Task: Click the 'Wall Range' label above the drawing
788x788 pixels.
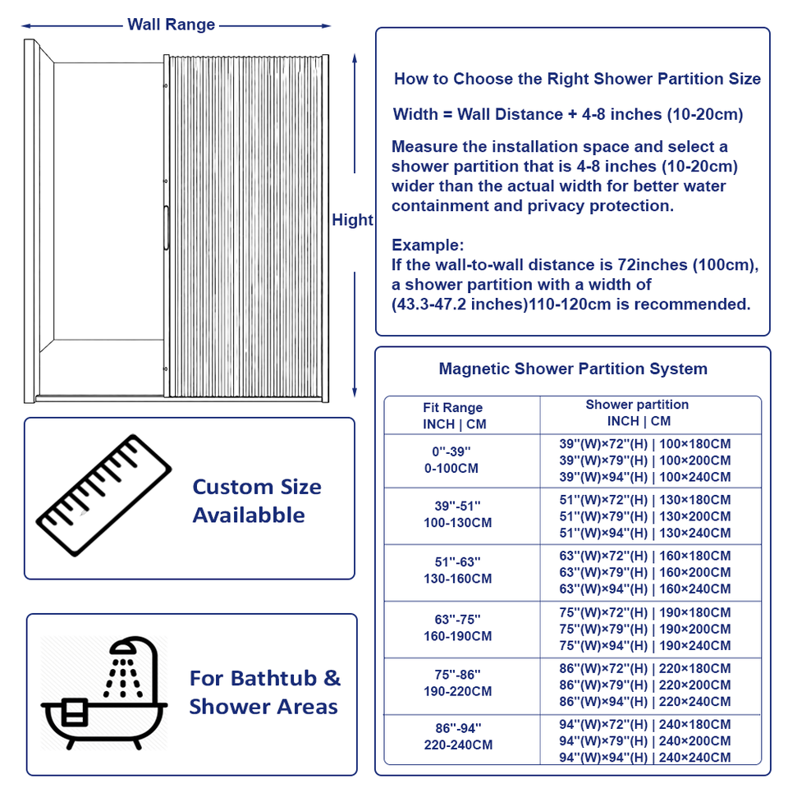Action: point(171,24)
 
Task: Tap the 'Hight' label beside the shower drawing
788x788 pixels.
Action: point(352,220)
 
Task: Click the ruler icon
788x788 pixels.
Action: point(104,496)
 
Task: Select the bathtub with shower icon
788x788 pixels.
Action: point(104,694)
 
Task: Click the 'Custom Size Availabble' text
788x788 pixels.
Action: point(257,501)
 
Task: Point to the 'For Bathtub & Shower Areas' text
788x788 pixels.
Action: point(265,692)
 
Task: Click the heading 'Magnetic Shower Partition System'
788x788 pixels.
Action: point(573,369)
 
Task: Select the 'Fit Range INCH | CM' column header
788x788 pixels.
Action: point(454,415)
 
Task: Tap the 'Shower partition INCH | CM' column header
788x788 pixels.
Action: point(638,413)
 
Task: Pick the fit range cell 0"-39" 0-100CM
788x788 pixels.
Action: point(451,460)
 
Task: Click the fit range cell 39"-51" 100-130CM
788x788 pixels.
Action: point(457,514)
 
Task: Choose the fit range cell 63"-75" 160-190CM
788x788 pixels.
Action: point(457,628)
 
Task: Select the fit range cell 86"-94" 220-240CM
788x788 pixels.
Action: point(458,736)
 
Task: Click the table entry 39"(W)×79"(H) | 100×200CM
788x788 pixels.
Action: point(645,460)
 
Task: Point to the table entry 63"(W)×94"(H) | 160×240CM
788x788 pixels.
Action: point(645,589)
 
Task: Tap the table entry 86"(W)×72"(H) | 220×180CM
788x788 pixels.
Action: point(645,668)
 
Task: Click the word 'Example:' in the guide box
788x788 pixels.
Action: point(428,245)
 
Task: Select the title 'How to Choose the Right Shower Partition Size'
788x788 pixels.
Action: point(577,79)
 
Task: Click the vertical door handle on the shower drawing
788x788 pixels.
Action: point(167,227)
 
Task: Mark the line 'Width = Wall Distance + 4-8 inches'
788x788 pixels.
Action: point(568,114)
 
